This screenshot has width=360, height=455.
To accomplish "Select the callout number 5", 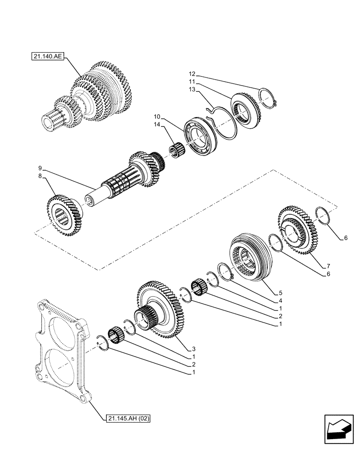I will (280, 293).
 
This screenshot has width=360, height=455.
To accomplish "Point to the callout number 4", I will (280, 300).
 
